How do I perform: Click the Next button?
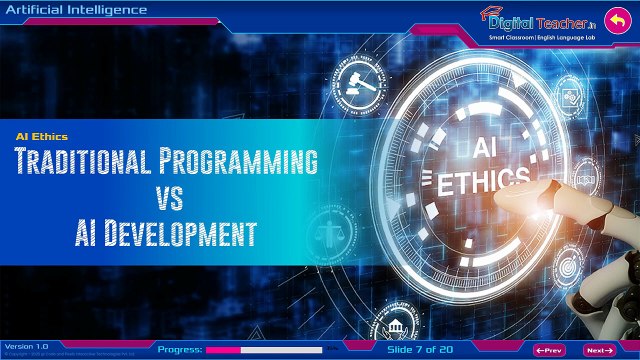(x=598, y=350)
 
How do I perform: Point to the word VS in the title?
(x=166, y=198)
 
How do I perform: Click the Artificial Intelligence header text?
(x=76, y=10)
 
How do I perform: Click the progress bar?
(x=264, y=350)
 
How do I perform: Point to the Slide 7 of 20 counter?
(x=421, y=350)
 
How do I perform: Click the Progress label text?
(x=180, y=350)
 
